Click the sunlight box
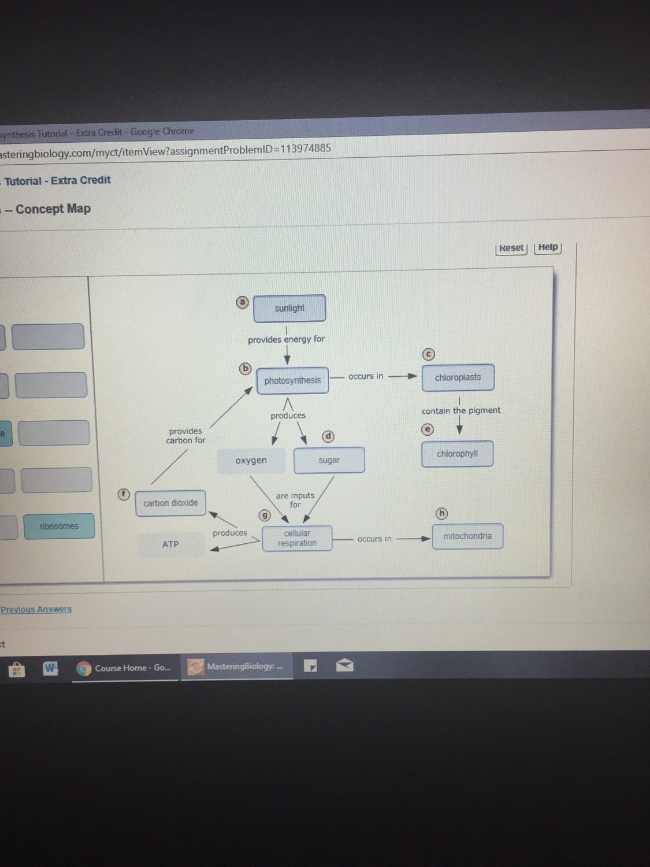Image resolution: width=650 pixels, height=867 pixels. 289,308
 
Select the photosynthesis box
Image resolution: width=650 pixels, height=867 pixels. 292,380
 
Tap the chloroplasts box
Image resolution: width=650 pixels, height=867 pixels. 458,377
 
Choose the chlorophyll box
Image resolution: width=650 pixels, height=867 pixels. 457,454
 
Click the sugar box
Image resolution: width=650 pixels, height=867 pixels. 329,460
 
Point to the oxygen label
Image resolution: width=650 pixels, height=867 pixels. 251,461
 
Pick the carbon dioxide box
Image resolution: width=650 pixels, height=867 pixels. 170,503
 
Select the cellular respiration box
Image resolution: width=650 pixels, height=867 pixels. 297,538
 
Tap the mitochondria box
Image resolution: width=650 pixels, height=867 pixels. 467,536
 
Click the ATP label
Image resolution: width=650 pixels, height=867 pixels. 170,544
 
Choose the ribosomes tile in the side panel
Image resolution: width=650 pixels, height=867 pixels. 59,526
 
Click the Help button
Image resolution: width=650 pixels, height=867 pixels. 548,247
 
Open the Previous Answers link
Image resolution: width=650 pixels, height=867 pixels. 36,609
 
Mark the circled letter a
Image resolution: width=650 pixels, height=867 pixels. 243,302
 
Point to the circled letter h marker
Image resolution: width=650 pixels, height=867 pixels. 441,513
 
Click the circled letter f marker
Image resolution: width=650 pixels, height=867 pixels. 124,494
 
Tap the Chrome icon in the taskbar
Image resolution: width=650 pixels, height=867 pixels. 84,668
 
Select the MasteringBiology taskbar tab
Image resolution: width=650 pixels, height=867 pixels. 237,666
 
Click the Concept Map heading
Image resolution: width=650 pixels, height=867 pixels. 53,209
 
